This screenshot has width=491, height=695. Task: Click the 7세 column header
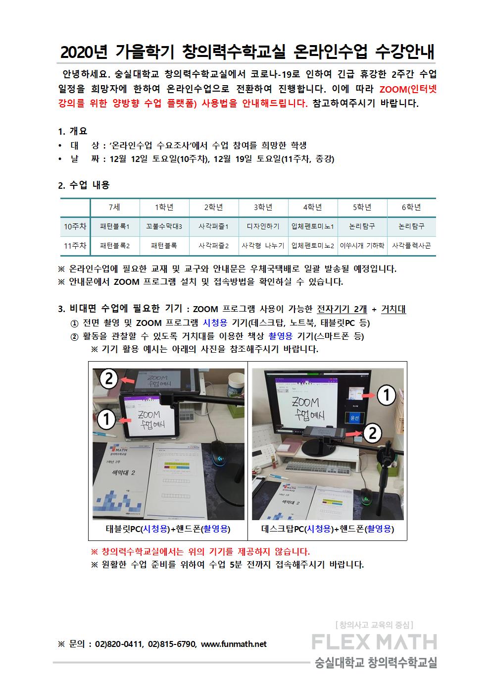point(114,207)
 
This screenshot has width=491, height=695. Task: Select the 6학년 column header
point(411,207)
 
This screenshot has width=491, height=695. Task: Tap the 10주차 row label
point(75,226)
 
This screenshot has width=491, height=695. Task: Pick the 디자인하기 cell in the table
point(263,226)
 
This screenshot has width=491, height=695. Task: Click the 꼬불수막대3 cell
point(164,226)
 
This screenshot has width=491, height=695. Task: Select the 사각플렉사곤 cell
point(411,246)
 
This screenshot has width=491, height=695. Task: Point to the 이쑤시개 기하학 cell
point(362,246)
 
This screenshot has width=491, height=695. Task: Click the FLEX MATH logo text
point(374,642)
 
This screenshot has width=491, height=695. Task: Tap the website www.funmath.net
point(234,644)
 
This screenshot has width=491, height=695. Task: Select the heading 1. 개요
point(73,131)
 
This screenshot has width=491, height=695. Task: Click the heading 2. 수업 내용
point(84,185)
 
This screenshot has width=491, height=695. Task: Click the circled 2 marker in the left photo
point(109,379)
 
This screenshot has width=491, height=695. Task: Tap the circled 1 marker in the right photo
point(386,395)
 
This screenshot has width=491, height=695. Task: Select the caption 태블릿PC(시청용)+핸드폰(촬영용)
point(168,529)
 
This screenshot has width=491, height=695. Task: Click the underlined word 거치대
point(393,309)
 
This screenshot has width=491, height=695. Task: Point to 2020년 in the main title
point(84,52)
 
